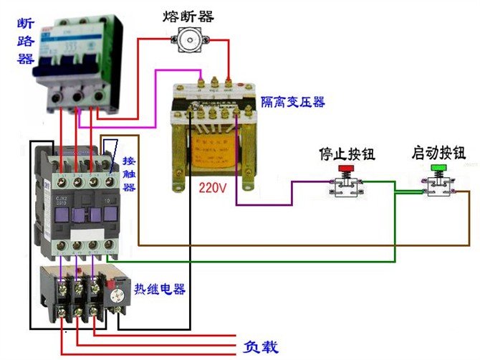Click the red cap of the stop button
[x=346, y=169]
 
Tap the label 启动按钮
[x=438, y=153]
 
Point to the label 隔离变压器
[x=292, y=103]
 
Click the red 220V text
[x=213, y=188]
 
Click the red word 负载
[x=259, y=347]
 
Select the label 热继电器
[x=160, y=289]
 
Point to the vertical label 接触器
[x=130, y=174]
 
